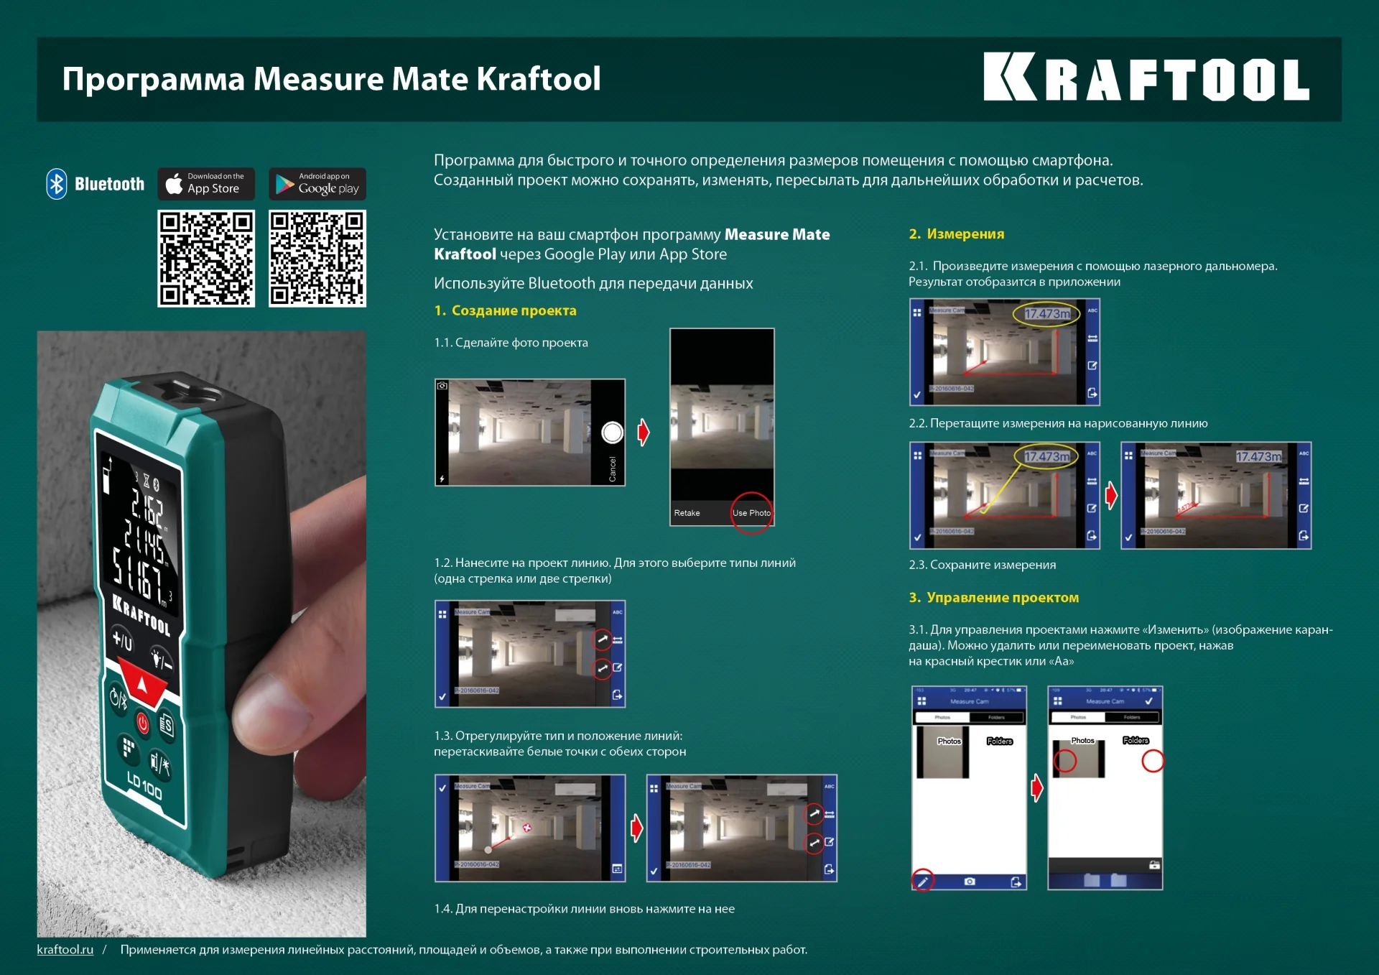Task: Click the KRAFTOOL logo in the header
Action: click(x=1146, y=78)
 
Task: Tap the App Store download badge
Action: click(x=206, y=184)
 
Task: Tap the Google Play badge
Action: click(x=317, y=184)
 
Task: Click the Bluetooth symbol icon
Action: click(x=57, y=184)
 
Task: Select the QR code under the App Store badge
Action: click(x=206, y=259)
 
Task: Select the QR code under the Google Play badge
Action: click(x=317, y=259)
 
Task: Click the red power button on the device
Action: click(x=142, y=723)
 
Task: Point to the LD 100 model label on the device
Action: click(x=144, y=785)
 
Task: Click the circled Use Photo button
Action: click(x=751, y=513)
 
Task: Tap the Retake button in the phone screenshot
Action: click(x=687, y=513)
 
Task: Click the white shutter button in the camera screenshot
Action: click(x=612, y=433)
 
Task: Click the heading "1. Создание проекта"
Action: click(x=505, y=310)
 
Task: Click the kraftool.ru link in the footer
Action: click(x=65, y=950)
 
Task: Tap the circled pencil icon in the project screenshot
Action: click(x=923, y=881)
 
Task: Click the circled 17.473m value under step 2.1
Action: click(x=1046, y=314)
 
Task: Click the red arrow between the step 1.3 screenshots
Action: click(x=636, y=828)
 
